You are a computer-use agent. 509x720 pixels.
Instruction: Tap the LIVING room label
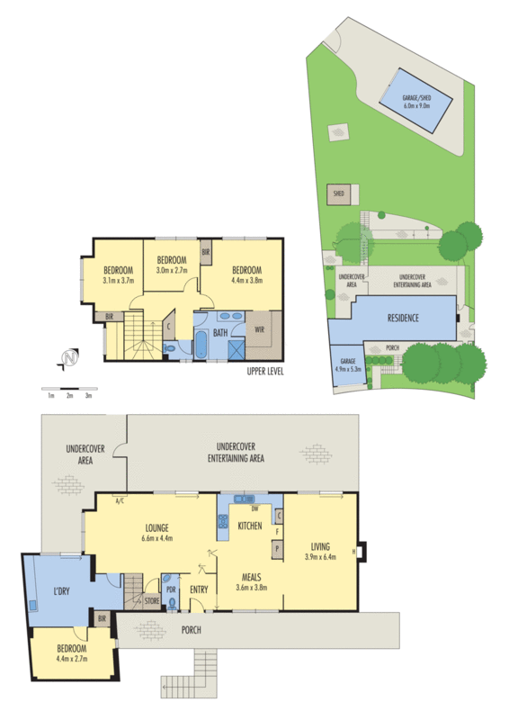click(321, 552)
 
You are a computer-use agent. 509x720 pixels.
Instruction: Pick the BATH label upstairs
click(220, 332)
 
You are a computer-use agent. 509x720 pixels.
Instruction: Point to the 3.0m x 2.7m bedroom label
click(171, 265)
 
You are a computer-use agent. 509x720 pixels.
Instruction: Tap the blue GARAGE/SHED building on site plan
click(415, 101)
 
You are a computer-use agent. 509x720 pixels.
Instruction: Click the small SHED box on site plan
click(340, 193)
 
